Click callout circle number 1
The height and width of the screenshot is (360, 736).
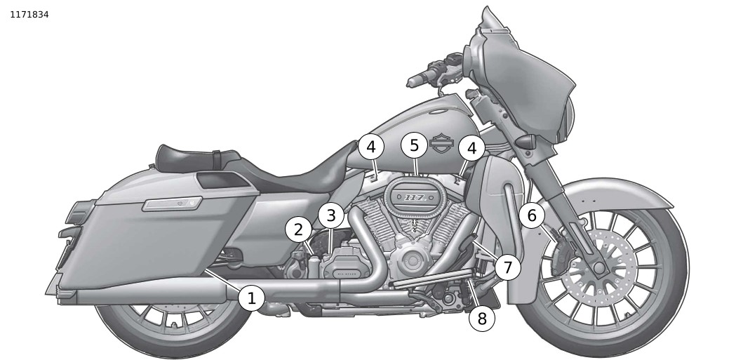(251, 298)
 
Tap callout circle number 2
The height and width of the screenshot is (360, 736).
(298, 229)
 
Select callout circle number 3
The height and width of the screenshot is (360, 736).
(331, 215)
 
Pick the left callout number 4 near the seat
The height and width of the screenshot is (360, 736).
(371, 147)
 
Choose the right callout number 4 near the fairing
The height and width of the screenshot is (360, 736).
(471, 148)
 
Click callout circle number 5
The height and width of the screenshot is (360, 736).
(415, 145)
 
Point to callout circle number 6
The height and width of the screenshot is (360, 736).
(532, 215)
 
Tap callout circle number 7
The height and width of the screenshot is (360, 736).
(507, 267)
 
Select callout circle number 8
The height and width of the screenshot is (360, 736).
(481, 319)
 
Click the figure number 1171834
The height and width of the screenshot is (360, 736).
(29, 14)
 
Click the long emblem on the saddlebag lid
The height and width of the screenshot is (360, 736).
(171, 204)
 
